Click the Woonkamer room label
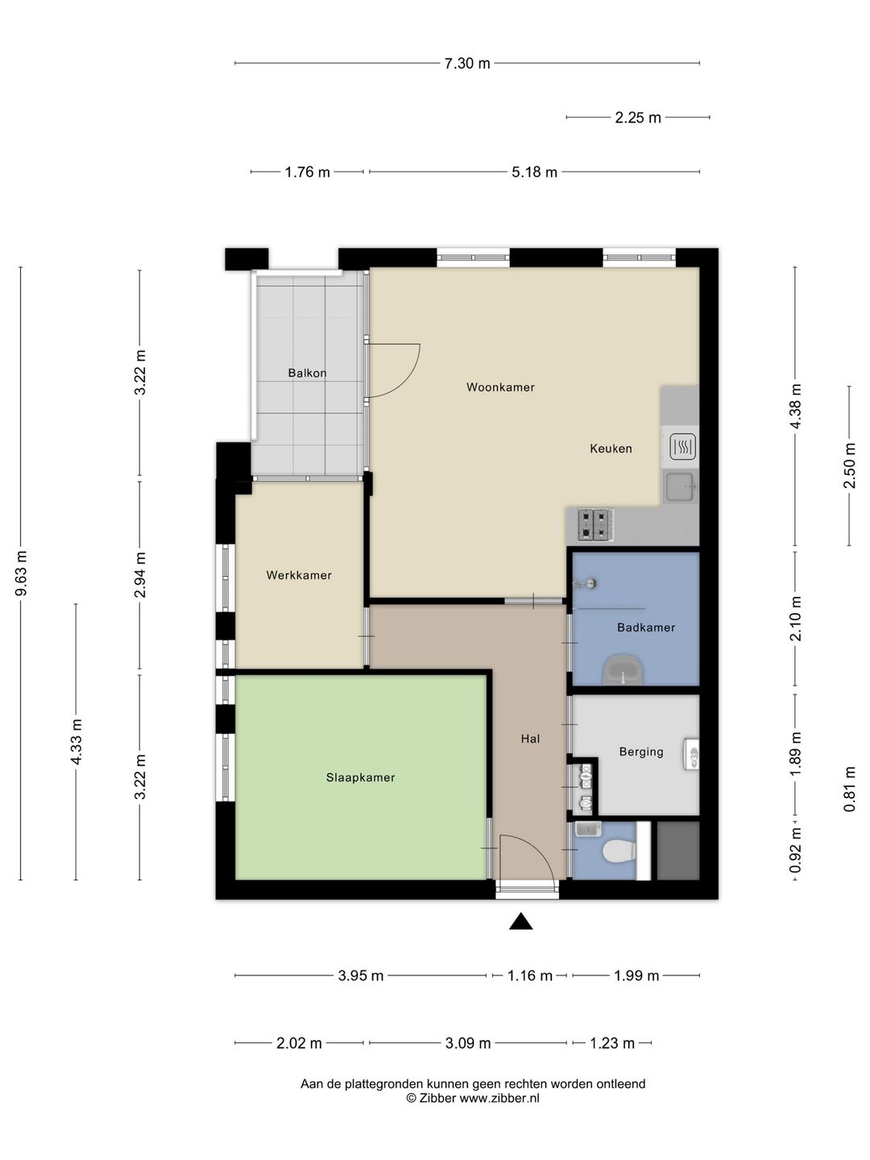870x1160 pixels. point(500,387)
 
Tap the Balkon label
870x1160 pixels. point(307,373)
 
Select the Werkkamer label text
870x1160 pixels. point(299,575)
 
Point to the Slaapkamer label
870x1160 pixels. point(360,777)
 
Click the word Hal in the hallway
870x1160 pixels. point(530,739)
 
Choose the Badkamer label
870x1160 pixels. point(646,628)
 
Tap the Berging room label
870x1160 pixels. point(641,752)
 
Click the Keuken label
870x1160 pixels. point(611,449)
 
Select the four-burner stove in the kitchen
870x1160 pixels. point(594,524)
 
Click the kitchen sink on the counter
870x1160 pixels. point(681,487)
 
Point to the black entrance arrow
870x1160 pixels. point(521,921)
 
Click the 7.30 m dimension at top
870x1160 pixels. point(467,64)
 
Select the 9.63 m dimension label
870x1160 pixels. point(21,573)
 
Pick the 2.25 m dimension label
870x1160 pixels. point(637,118)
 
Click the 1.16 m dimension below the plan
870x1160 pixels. point(530,976)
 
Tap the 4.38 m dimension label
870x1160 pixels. point(796,406)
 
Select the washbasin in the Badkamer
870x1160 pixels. point(623,671)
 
